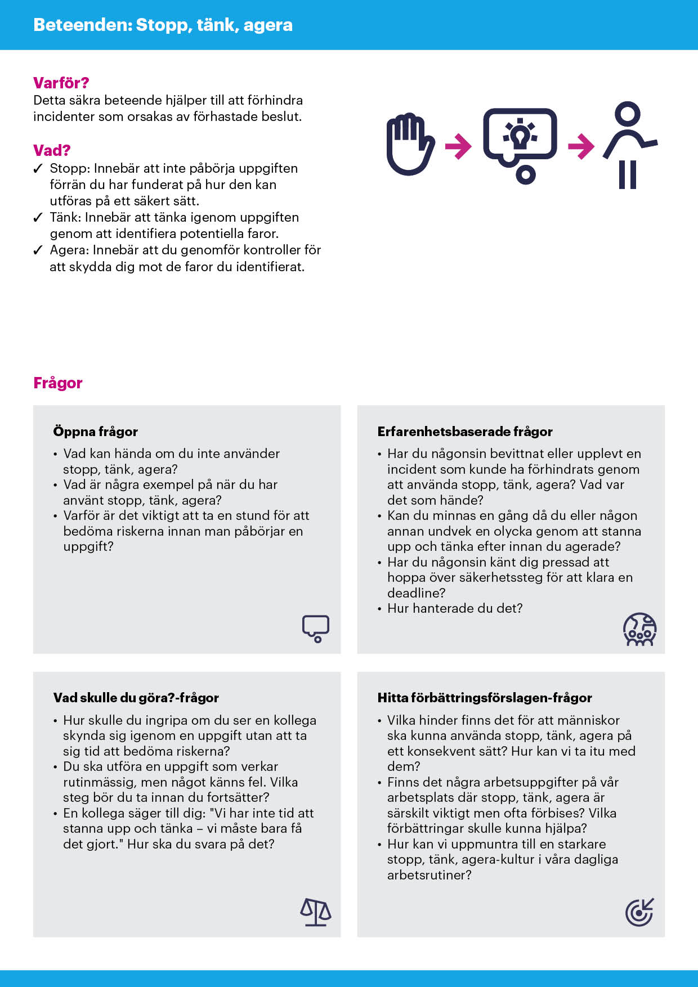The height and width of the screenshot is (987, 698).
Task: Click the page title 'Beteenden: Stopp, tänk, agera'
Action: pos(163,25)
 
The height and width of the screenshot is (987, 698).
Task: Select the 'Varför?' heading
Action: pos(61,83)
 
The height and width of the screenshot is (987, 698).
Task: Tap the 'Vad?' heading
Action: pos(52,150)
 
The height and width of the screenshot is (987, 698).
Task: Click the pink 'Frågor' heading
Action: pos(57,383)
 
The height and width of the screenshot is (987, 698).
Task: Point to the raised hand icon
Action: pos(409,144)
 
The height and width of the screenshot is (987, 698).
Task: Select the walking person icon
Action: pos(629,145)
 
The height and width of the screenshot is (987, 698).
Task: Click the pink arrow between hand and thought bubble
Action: pos(458,146)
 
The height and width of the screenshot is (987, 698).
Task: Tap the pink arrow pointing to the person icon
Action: pos(581,146)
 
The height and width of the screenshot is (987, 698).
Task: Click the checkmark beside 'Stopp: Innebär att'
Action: pos(38,169)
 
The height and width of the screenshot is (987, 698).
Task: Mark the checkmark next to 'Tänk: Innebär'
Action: pos(38,218)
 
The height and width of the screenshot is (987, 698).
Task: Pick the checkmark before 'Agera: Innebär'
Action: pos(38,250)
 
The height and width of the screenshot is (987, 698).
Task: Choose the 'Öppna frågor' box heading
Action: pos(95,432)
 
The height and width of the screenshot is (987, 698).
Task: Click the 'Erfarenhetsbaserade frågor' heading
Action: pos(464,432)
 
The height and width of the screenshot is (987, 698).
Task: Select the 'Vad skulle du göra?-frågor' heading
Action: pos(136,698)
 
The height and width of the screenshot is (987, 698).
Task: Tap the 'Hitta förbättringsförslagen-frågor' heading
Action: pos(484,698)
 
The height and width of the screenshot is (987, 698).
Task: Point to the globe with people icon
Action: pos(639,629)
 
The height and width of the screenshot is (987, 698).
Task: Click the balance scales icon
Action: pos(315,912)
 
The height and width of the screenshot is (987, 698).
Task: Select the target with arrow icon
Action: pos(639,912)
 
